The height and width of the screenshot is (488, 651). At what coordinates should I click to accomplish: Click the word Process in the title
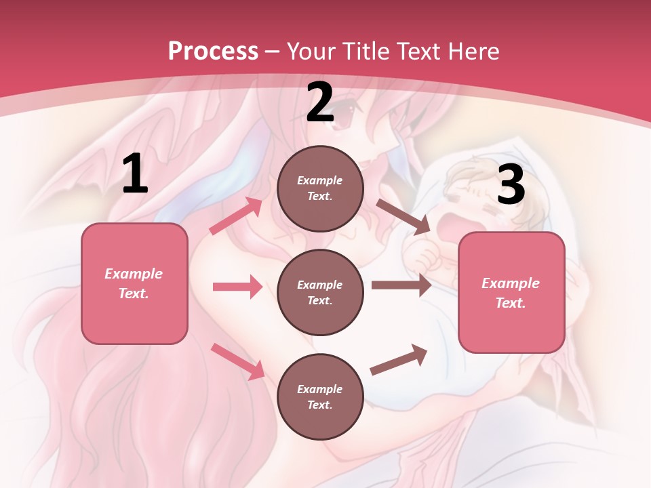[213, 51]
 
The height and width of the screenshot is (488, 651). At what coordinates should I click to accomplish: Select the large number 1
[135, 174]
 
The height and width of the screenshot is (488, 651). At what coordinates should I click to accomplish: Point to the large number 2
[320, 103]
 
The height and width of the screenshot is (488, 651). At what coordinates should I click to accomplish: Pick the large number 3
[511, 185]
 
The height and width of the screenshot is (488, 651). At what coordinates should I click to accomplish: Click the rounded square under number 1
[134, 283]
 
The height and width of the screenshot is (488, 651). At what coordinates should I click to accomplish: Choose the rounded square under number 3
[511, 292]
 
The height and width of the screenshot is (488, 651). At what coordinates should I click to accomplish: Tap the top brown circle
[320, 188]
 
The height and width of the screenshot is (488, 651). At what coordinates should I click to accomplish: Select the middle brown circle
[320, 292]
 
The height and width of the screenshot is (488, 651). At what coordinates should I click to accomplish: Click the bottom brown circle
[320, 396]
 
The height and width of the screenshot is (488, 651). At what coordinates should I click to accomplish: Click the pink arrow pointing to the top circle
[236, 216]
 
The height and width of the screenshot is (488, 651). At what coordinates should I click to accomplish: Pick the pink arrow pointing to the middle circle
[237, 287]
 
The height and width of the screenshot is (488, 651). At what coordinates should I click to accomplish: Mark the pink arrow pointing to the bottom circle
[238, 361]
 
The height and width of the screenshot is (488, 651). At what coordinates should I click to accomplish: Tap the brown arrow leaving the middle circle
[401, 285]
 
